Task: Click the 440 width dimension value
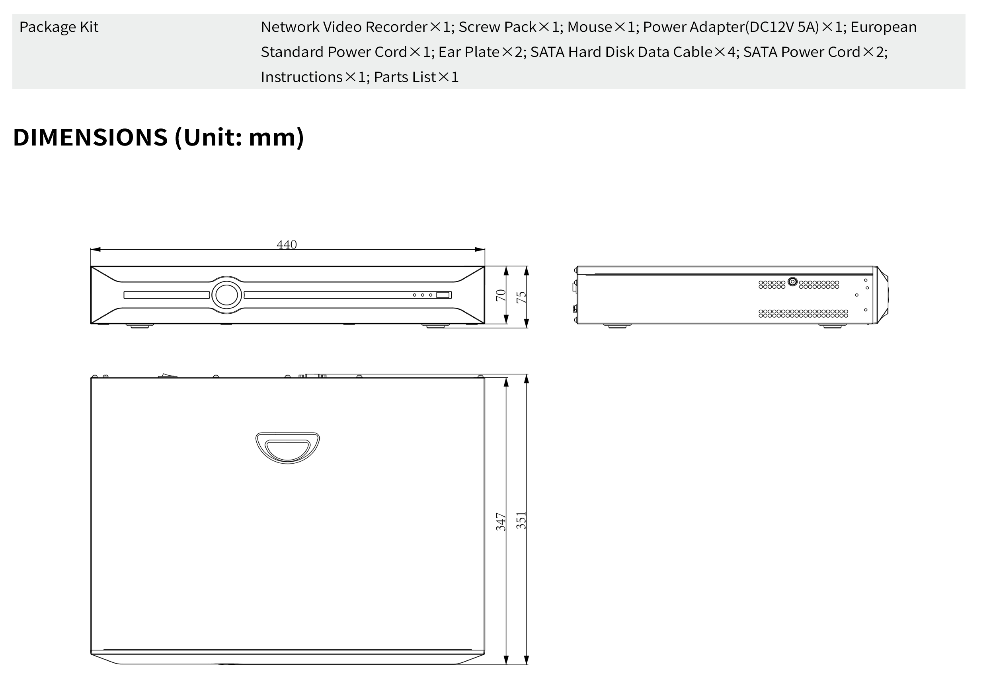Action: tap(287, 245)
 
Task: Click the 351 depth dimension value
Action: tap(521, 520)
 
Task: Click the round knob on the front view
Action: tap(226, 295)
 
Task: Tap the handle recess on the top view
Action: tap(288, 448)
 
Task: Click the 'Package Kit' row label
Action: tap(59, 27)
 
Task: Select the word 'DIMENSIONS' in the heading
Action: tap(90, 137)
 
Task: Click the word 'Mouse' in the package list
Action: tap(589, 27)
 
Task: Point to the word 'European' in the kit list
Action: tap(884, 27)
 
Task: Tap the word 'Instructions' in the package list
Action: tap(301, 77)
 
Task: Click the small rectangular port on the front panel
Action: tap(443, 295)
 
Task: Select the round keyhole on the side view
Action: tap(793, 282)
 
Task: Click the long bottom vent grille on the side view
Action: tap(803, 314)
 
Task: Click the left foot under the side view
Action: tap(617, 326)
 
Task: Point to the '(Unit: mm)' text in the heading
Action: tap(239, 137)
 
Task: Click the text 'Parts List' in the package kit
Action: tap(404, 77)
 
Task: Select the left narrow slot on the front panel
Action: tap(166, 295)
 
